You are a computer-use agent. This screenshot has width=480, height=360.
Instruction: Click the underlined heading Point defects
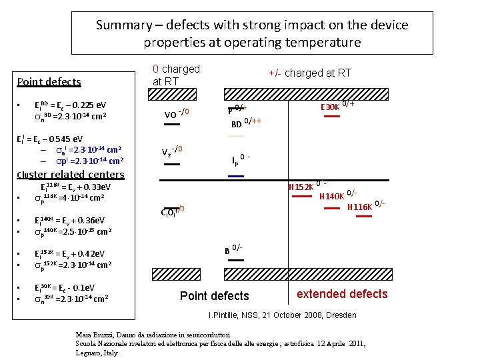pyautogui.click(x=49, y=82)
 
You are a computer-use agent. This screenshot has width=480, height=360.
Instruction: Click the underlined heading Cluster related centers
pyautogui.click(x=70, y=175)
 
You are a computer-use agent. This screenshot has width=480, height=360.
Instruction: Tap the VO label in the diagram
pyautogui.click(x=171, y=113)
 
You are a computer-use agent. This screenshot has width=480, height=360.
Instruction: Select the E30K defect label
pyautogui.click(x=330, y=106)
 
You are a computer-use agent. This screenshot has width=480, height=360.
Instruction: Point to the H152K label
pyautogui.click(x=300, y=187)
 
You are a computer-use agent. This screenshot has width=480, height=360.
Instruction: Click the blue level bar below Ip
pyautogui.click(x=235, y=176)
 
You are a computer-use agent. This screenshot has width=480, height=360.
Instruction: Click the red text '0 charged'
pyautogui.click(x=176, y=69)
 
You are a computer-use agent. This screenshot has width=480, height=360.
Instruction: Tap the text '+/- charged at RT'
pyautogui.click(x=309, y=73)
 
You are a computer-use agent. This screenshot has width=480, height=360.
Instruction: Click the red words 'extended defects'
pyautogui.click(x=342, y=294)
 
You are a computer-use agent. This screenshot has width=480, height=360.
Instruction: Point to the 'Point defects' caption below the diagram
pyautogui.click(x=215, y=296)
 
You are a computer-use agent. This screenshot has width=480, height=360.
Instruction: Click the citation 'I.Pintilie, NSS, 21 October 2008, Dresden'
pyautogui.click(x=283, y=315)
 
